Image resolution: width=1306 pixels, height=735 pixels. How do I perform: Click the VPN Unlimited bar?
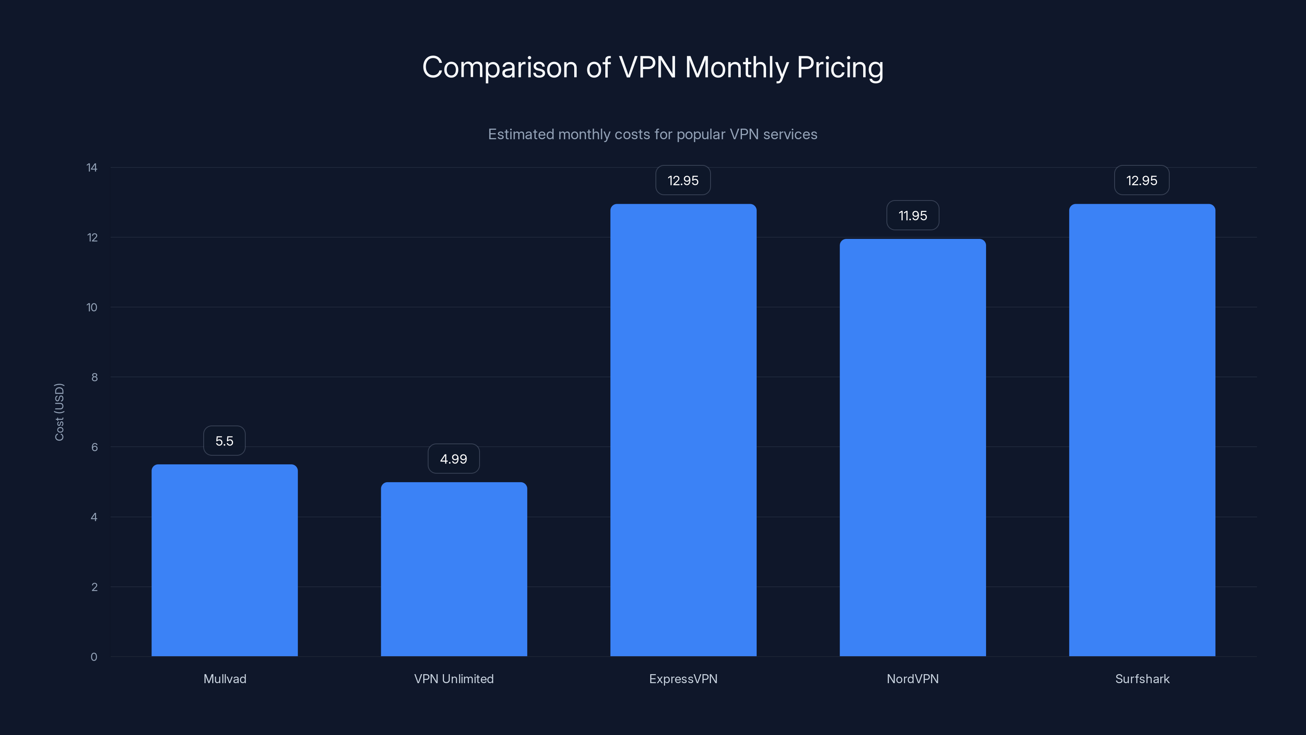pos(454,569)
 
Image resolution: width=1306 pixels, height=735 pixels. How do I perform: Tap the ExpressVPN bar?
pos(683,430)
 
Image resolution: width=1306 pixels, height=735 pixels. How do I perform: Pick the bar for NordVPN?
pos(913,448)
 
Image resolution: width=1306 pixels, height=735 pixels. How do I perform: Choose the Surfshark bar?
pos(1142,430)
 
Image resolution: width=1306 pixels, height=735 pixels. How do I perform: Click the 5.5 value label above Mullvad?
pos(224,441)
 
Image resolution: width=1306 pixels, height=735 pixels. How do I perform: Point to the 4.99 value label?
pos(454,459)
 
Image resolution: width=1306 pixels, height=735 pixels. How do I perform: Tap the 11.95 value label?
pos(913,216)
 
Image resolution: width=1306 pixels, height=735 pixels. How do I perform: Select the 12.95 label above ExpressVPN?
pos(683,180)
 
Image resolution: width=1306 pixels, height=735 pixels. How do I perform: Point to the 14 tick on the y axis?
pos(92,167)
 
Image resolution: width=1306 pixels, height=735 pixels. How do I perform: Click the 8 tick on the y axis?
pos(94,377)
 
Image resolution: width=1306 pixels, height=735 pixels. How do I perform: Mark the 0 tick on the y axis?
pos(94,657)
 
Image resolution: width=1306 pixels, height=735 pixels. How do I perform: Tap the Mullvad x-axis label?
pos(224,679)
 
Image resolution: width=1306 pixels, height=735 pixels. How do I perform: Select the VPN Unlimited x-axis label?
pos(454,679)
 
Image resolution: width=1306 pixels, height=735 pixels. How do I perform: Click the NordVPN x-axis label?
pos(913,679)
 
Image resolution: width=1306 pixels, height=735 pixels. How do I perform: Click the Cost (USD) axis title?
pos(59,412)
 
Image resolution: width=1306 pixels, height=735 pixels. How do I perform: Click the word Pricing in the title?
pos(840,67)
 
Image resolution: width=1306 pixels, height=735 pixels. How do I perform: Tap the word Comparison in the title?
pos(500,67)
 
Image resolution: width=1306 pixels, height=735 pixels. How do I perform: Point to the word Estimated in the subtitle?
pos(521,134)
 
